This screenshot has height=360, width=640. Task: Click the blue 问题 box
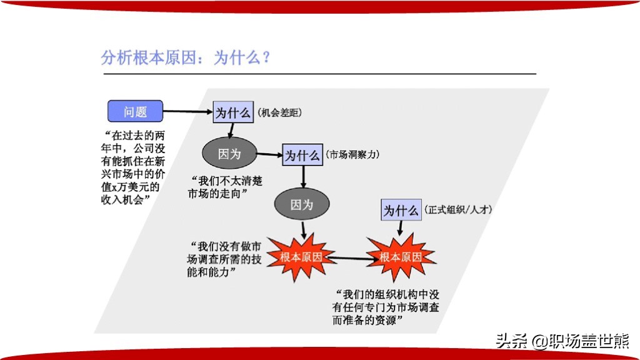[135, 111]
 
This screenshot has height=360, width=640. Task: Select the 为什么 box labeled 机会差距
[233, 112]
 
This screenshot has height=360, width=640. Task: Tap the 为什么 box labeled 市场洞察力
[302, 155]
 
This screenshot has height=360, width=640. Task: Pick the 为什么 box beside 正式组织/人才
[401, 210]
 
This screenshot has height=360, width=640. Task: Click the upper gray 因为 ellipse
[229, 154]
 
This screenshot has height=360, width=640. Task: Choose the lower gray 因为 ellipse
[302, 204]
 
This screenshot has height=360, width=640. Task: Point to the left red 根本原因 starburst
[301, 257]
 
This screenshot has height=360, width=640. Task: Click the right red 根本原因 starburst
[401, 257]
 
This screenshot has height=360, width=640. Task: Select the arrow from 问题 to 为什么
[187, 111]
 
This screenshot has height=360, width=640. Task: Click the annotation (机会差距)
[279, 112]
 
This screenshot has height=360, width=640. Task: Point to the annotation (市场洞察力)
[352, 155]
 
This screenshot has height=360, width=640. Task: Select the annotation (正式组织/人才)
[458, 210]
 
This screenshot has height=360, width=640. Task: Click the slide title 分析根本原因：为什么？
[186, 57]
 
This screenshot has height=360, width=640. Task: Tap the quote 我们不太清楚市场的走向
[225, 187]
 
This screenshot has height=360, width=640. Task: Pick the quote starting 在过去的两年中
[133, 167]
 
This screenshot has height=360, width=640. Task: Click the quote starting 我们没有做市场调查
[224, 259]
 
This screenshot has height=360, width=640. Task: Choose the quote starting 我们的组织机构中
[386, 307]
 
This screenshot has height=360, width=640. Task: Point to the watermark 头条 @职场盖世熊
[562, 341]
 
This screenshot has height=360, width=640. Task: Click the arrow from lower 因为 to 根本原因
[303, 230]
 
